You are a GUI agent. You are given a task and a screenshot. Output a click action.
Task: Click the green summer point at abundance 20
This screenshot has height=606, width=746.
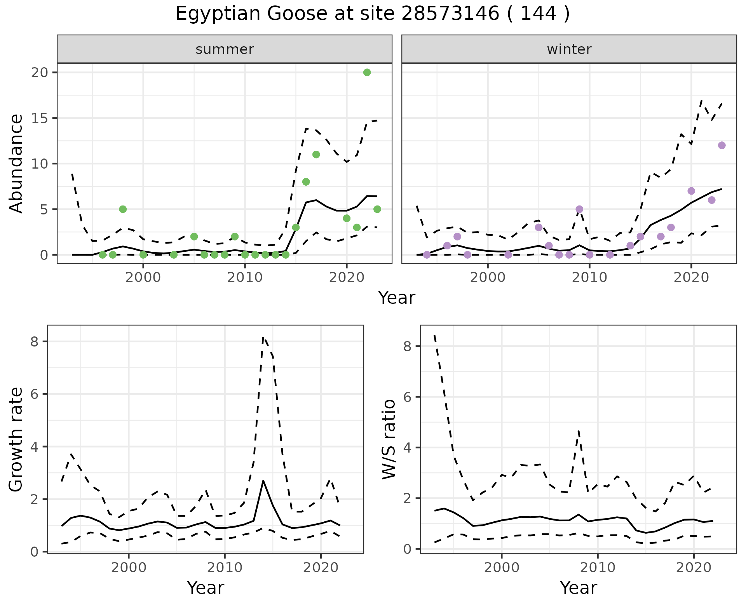(x=367, y=73)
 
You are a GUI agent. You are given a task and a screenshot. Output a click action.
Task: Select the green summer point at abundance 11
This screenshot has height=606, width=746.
(x=316, y=155)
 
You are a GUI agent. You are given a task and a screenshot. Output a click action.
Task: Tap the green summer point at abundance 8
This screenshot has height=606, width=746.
(x=306, y=182)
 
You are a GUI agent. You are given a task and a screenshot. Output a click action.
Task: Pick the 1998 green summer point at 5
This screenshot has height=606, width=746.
(x=123, y=209)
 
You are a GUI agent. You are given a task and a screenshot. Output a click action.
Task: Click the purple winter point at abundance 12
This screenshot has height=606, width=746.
(x=722, y=145)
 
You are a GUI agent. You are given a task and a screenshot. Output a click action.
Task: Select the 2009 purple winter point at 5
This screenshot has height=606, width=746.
(x=579, y=209)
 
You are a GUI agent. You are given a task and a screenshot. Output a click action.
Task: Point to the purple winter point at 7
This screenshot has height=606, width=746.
(x=691, y=191)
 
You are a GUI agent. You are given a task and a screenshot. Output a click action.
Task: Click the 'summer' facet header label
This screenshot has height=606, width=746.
(x=225, y=49)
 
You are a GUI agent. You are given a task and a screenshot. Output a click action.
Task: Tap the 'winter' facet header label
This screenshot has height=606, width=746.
(x=569, y=49)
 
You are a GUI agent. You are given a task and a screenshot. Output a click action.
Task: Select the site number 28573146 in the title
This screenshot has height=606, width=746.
(x=450, y=14)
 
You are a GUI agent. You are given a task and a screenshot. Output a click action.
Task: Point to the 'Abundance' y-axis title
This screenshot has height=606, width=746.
(x=16, y=164)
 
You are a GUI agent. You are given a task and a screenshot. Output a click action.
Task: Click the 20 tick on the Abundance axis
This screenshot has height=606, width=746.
(x=38, y=73)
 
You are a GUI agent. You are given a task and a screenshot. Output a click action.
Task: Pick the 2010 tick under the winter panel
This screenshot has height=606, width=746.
(x=589, y=278)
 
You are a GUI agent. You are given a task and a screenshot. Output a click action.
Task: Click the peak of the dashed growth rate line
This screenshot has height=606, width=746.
(x=263, y=337)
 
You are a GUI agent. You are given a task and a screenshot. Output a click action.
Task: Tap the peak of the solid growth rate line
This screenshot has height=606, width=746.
(x=263, y=481)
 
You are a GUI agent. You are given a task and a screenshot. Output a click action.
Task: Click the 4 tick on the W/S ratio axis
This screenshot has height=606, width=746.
(x=408, y=448)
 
